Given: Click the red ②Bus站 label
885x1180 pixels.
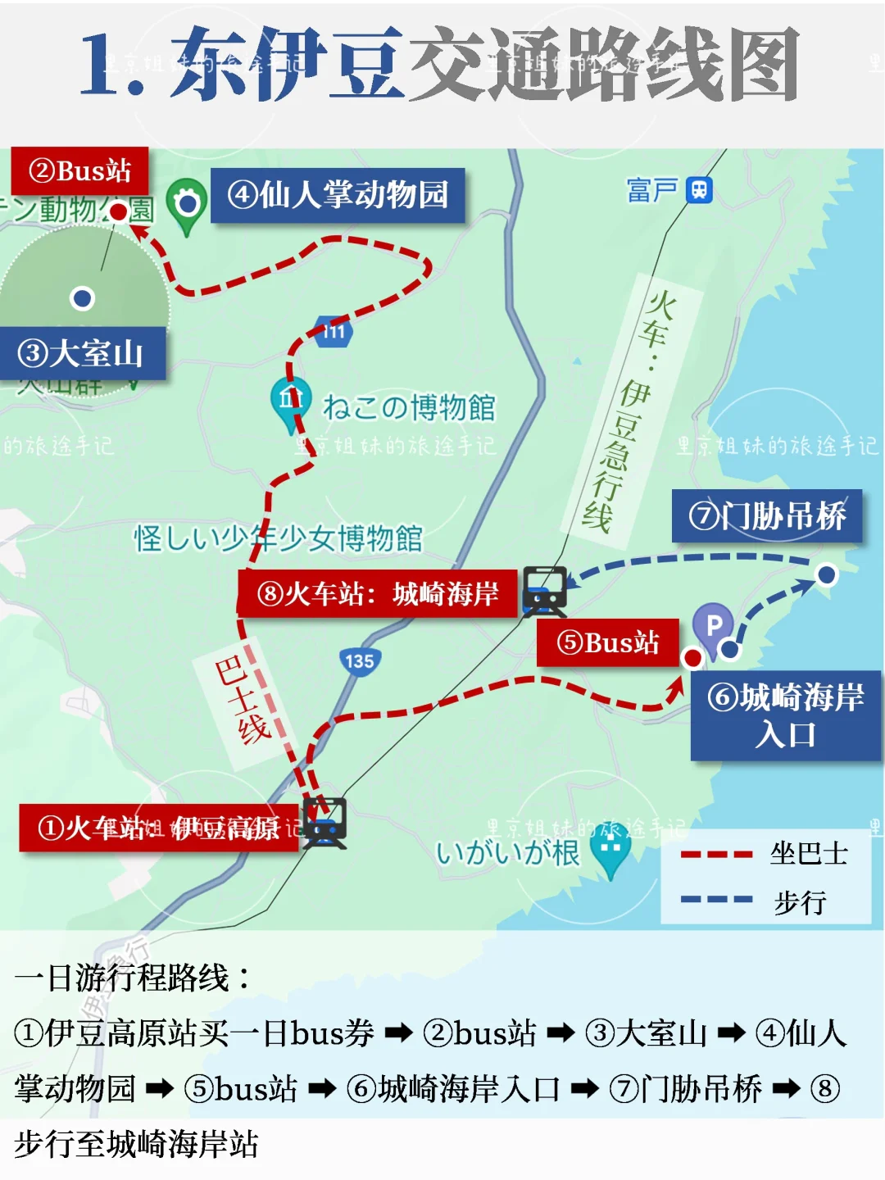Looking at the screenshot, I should [79, 170].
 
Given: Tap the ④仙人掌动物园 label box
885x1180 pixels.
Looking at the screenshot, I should [338, 195].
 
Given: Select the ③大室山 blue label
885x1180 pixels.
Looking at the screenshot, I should [81, 353].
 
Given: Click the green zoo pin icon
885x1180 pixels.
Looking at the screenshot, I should [186, 203].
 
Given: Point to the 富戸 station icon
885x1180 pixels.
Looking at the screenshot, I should [699, 190].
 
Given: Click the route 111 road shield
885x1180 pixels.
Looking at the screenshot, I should [334, 331].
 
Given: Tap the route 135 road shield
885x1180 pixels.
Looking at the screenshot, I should [359, 660].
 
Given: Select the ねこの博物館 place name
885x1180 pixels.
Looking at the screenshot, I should [408, 407].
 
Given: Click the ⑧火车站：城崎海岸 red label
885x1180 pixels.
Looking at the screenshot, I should [378, 593].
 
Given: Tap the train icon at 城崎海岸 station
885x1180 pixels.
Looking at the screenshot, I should [544, 590].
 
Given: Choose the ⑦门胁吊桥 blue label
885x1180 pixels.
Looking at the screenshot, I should [767, 516].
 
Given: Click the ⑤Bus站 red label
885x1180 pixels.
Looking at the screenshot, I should [607, 642].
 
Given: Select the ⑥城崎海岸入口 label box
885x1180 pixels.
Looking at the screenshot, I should [786, 715].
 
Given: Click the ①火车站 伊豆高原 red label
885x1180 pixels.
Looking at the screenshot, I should [159, 828].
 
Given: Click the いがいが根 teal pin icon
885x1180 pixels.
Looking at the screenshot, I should [610, 852].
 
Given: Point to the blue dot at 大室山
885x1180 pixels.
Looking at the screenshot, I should [82, 298].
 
